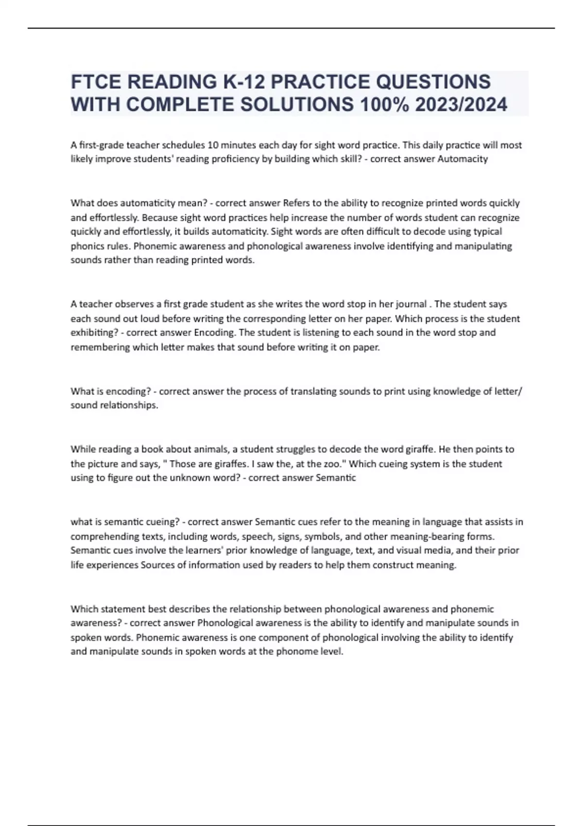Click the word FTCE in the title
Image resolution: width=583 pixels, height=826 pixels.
pos(95,82)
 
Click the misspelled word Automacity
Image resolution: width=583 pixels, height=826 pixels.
pos(463,159)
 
